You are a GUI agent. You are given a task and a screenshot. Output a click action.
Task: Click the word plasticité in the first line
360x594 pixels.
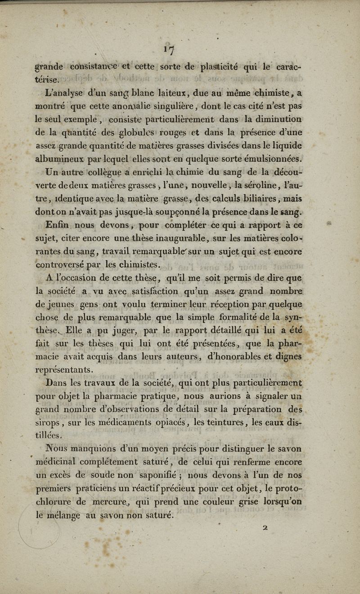220,67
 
